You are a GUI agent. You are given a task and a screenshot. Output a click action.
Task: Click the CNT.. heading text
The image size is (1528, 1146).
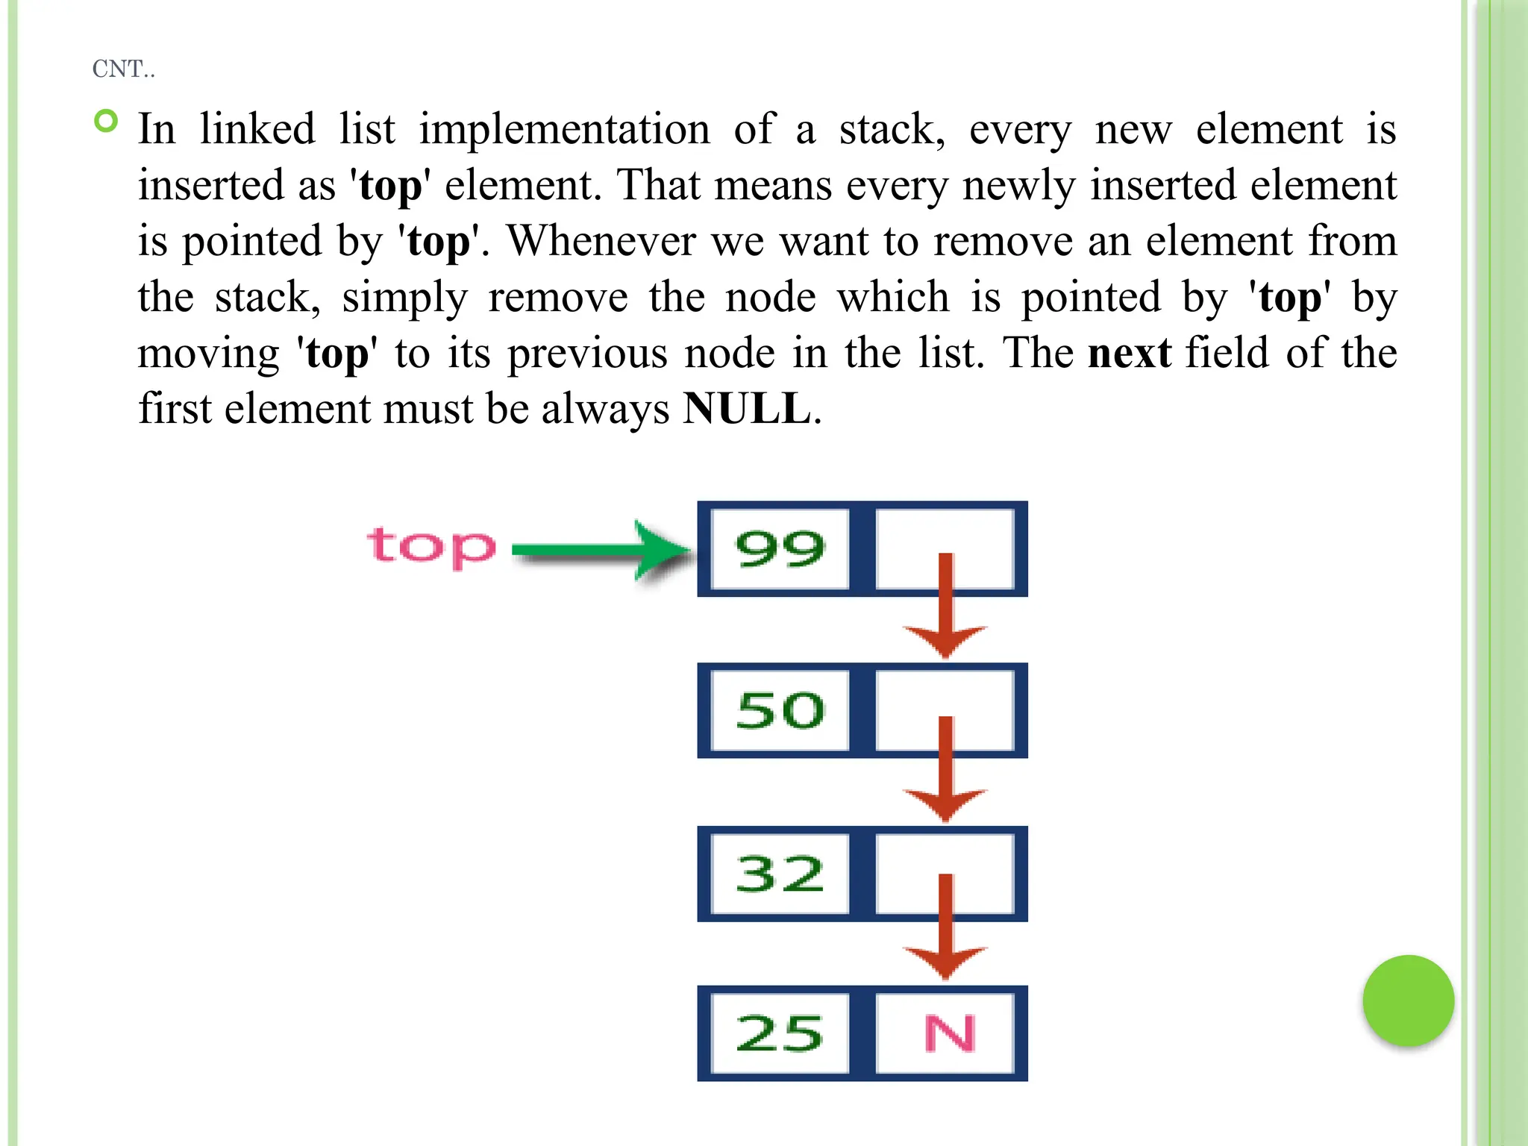(123, 69)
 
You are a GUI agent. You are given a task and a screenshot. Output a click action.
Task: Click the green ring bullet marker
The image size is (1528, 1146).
(107, 121)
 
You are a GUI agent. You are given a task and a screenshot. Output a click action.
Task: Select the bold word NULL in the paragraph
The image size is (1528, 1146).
(747, 409)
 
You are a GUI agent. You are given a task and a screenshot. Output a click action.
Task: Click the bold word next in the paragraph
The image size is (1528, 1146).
(1129, 353)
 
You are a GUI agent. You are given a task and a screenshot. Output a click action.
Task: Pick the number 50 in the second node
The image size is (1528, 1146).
(780, 710)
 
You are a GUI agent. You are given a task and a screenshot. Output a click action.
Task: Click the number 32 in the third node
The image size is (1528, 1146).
(780, 874)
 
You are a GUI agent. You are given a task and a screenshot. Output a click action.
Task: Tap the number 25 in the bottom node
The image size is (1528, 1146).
(780, 1034)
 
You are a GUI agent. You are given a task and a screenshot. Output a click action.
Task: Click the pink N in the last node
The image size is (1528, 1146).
(949, 1034)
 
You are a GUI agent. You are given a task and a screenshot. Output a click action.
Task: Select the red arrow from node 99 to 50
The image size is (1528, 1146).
(945, 608)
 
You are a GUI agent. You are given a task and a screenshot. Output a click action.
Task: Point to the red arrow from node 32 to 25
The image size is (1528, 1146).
(945, 929)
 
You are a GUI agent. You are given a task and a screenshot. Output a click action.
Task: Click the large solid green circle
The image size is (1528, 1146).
(1408, 1001)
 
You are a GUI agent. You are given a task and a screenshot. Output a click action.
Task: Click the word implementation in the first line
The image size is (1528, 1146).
(564, 129)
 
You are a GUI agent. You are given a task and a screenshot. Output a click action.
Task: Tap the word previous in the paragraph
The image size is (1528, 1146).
(587, 353)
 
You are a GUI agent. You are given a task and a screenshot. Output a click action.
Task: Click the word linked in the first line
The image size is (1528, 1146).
(257, 129)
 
